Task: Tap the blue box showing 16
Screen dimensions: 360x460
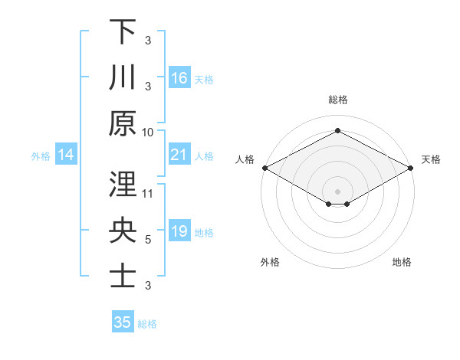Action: click(179, 77)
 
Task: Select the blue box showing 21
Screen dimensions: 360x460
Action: click(179, 155)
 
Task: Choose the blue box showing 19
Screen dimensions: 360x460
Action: click(179, 231)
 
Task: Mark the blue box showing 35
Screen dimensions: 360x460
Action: click(123, 322)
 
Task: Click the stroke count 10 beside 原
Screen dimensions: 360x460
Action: click(148, 131)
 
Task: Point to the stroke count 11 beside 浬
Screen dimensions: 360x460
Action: click(148, 193)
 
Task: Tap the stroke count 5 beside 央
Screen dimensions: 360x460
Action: click(148, 239)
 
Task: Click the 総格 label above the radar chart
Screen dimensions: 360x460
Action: click(337, 100)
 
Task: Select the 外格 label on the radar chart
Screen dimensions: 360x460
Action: click(270, 262)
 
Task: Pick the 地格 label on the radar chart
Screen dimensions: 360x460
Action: click(402, 262)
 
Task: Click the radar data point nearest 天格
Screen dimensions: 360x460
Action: click(411, 168)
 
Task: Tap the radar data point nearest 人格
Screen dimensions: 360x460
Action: click(264, 168)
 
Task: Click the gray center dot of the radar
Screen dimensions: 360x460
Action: click(337, 191)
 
